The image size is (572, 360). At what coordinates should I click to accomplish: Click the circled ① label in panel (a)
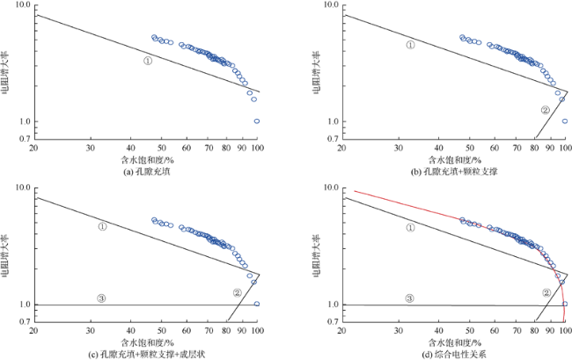pyautogui.click(x=148, y=61)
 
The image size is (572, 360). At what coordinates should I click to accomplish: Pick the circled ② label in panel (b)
pyautogui.click(x=545, y=110)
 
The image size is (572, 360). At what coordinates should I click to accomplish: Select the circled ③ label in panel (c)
pyautogui.click(x=102, y=298)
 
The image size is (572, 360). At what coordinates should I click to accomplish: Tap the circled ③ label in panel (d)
pyautogui.click(x=410, y=298)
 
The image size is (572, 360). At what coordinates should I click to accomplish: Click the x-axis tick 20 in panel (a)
pyautogui.click(x=33, y=148)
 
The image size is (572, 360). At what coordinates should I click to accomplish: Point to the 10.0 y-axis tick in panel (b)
pyautogui.click(x=329, y=5)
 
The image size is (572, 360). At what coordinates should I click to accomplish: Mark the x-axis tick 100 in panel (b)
pyautogui.click(x=565, y=148)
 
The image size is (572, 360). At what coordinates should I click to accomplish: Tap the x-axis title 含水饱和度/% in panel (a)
pyautogui.click(x=147, y=160)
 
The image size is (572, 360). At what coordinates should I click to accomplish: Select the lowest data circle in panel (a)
pyautogui.click(x=257, y=121)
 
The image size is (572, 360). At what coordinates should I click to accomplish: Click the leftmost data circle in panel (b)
pyautogui.click(x=462, y=38)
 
